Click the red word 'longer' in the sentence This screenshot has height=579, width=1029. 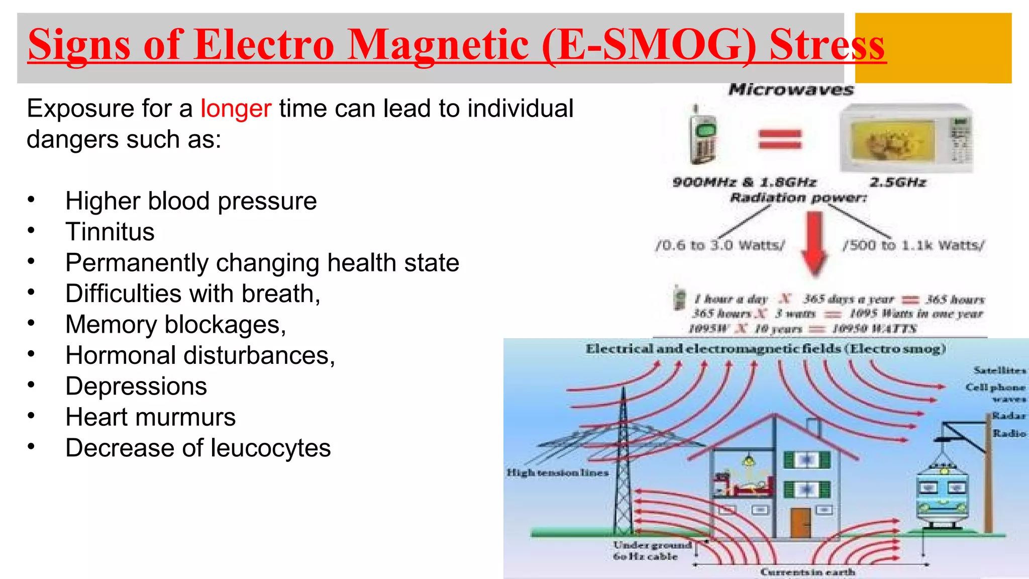(236, 109)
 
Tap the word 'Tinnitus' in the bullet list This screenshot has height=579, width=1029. (110, 232)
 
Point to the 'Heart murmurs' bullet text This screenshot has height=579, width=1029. (150, 417)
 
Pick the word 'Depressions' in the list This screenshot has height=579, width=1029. (136, 387)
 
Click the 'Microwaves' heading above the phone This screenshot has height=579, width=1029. (791, 90)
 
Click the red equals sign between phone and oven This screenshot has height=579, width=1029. (780, 139)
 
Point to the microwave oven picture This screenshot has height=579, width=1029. (906, 138)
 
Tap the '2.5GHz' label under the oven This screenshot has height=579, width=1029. (898, 182)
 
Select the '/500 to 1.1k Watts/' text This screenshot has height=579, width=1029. (913, 245)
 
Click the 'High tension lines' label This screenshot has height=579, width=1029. (557, 473)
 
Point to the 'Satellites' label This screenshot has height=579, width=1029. (999, 370)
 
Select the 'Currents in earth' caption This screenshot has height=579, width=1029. (807, 572)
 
